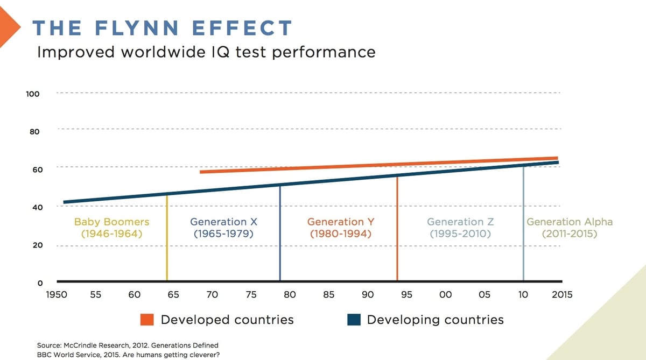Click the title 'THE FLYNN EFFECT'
[162, 28]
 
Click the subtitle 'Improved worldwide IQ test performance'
[206, 52]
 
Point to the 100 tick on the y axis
[33, 94]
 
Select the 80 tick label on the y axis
[34, 131]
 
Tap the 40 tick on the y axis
[34, 207]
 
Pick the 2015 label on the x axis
[561, 295]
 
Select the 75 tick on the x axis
[251, 295]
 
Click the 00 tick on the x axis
[445, 295]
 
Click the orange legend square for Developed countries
[147, 320]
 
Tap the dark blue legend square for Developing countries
[353, 320]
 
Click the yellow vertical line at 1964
[167, 253]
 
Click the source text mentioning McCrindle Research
[128, 345]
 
